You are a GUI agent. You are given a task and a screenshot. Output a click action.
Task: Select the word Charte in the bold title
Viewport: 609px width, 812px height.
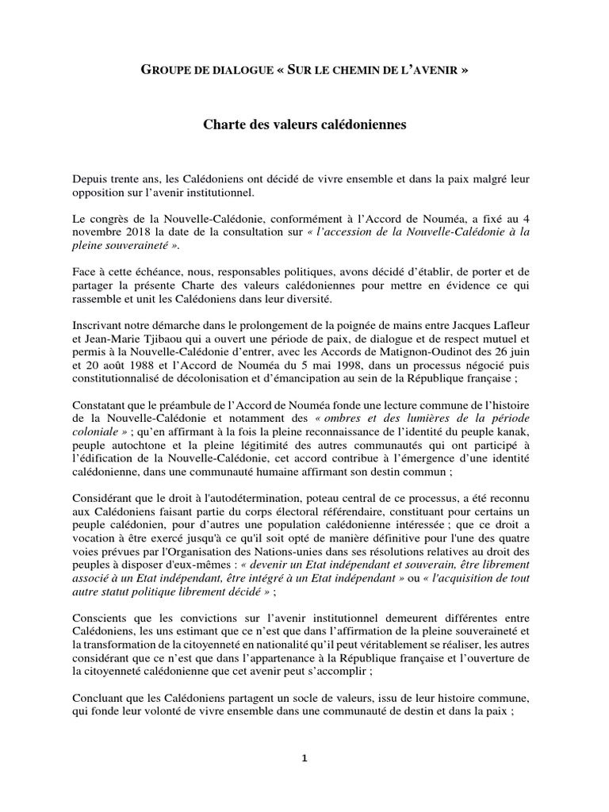[x=224, y=125]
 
